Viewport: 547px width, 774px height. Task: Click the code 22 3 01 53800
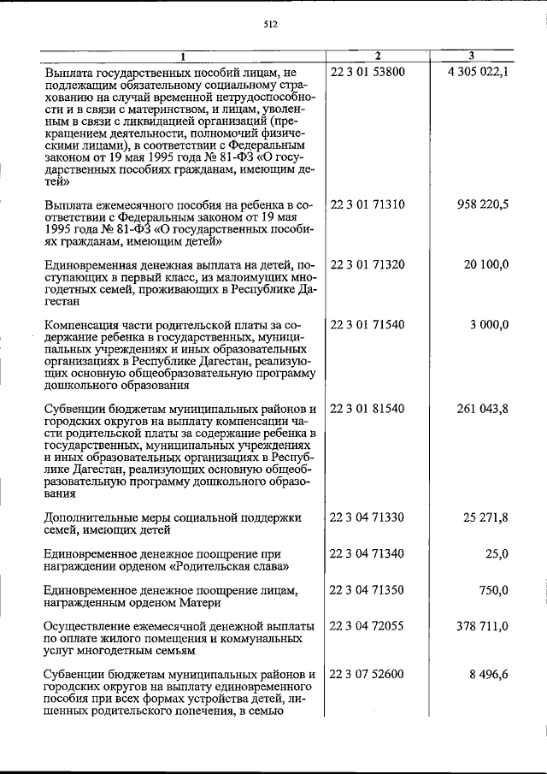[x=368, y=72]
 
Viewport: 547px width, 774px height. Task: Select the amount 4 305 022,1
[x=477, y=72]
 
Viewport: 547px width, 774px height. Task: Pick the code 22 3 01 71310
[x=368, y=206]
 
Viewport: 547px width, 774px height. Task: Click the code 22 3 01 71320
[x=368, y=265]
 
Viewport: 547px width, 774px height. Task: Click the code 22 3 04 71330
[x=368, y=517]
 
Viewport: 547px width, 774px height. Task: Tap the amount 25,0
[x=497, y=553]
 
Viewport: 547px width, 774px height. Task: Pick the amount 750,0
[x=493, y=590]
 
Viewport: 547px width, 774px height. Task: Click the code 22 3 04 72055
[x=368, y=626]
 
